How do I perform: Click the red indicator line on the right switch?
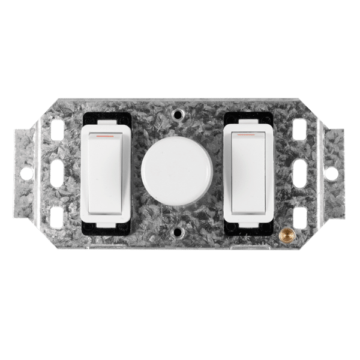coord(247,136)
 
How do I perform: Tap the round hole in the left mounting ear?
coord(26,173)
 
